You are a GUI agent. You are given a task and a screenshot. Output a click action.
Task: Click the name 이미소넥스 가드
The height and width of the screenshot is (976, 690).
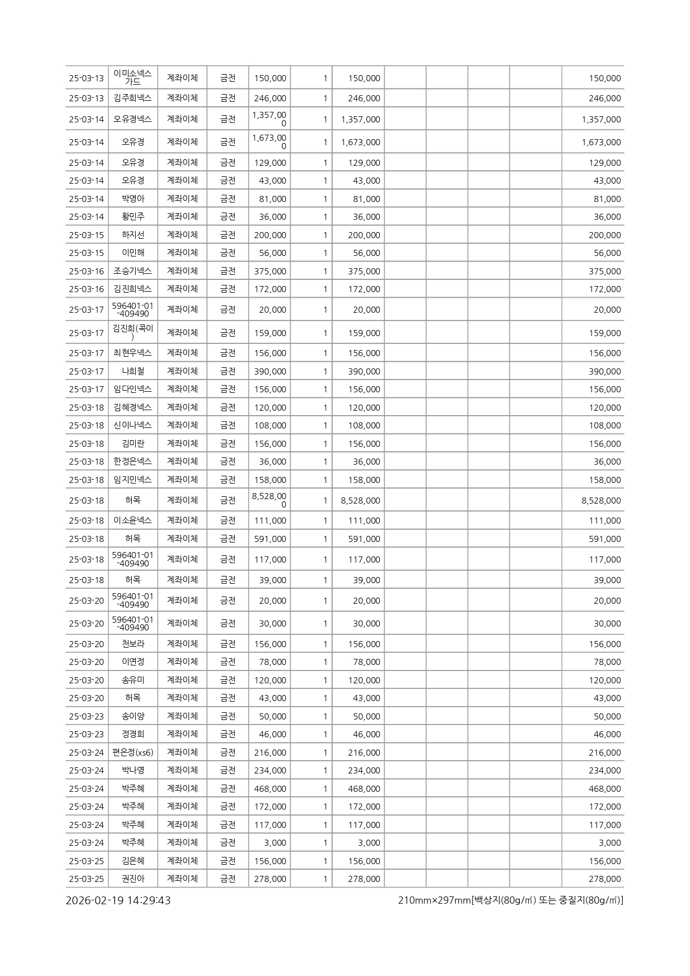pyautogui.click(x=133, y=77)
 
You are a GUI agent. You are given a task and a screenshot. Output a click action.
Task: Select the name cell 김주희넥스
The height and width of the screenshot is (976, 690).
pyautogui.click(x=133, y=98)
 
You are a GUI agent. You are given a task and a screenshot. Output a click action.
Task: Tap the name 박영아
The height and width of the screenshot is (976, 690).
pyautogui.click(x=133, y=199)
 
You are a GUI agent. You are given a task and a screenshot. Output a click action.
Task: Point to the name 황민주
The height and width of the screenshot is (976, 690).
pyautogui.click(x=133, y=216)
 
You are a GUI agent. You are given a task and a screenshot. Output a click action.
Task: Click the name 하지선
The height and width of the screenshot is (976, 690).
pyautogui.click(x=133, y=235)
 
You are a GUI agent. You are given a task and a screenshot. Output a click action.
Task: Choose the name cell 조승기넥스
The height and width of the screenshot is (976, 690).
pyautogui.click(x=133, y=271)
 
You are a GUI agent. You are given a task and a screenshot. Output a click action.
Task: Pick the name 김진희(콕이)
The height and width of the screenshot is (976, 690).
pyautogui.click(x=133, y=332)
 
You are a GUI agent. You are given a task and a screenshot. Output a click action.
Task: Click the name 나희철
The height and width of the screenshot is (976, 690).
pyautogui.click(x=133, y=371)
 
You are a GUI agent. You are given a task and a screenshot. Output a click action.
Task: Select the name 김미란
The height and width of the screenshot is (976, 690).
pyautogui.click(x=133, y=443)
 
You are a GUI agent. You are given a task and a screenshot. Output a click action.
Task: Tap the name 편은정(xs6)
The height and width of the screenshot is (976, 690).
pyautogui.click(x=133, y=752)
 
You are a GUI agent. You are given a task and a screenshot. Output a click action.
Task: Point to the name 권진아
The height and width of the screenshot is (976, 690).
pyautogui.click(x=133, y=879)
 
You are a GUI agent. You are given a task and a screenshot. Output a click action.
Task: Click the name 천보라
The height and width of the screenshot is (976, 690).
pyautogui.click(x=133, y=644)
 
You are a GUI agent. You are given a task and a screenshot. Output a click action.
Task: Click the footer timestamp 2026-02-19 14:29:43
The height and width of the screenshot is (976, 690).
pyautogui.click(x=118, y=900)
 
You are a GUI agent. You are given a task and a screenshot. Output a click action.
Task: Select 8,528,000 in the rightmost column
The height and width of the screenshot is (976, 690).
pyautogui.click(x=601, y=500)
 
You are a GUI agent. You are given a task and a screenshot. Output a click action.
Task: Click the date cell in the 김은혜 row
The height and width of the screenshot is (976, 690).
pyautogui.click(x=86, y=861)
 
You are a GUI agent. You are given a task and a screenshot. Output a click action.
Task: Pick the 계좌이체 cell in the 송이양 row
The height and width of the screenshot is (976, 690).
pyautogui.click(x=182, y=716)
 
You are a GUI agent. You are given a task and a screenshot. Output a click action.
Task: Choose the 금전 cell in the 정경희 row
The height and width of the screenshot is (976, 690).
pyautogui.click(x=227, y=734)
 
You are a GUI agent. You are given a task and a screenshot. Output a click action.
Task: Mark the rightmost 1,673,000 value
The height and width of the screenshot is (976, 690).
pyautogui.click(x=601, y=142)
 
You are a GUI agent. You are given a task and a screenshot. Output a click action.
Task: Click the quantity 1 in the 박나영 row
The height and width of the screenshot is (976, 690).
pyautogui.click(x=325, y=770)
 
